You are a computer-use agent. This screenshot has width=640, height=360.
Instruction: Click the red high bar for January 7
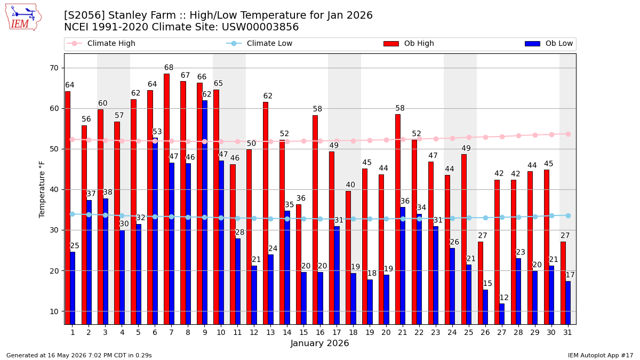coord(166,199)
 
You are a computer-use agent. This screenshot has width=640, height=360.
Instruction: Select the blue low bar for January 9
coord(205,213)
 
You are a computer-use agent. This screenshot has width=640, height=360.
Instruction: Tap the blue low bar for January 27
coord(502,314)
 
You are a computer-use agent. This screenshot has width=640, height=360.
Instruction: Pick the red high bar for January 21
coord(398,219)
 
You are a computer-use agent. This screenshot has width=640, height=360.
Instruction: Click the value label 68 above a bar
coord(169,67)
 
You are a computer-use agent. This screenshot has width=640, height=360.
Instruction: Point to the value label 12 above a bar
coord(504,298)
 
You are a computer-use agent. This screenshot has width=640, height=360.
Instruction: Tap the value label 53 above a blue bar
coord(157,132)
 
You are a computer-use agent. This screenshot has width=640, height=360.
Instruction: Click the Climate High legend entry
coord(101,43)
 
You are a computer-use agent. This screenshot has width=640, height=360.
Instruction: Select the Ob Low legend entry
coord(549,43)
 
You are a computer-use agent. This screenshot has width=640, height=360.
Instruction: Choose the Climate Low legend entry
coord(259,43)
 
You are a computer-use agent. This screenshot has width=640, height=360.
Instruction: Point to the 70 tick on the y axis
coord(54,68)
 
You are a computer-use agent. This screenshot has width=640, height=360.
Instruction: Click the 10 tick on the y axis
coord(54,311)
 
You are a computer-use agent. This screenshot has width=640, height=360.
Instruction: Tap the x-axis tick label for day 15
coord(303,333)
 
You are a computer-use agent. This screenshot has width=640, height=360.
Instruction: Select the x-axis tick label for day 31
coord(567,333)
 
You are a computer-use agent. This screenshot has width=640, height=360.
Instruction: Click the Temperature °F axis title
coord(42,189)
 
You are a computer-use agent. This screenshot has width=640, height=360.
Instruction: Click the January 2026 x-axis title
coord(319,343)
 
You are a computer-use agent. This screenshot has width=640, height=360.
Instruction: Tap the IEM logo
coord(23,18)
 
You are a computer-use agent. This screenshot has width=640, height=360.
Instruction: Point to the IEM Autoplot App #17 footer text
coord(601,355)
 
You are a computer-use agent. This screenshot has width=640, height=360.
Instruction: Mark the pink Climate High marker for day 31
coord(569,134)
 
